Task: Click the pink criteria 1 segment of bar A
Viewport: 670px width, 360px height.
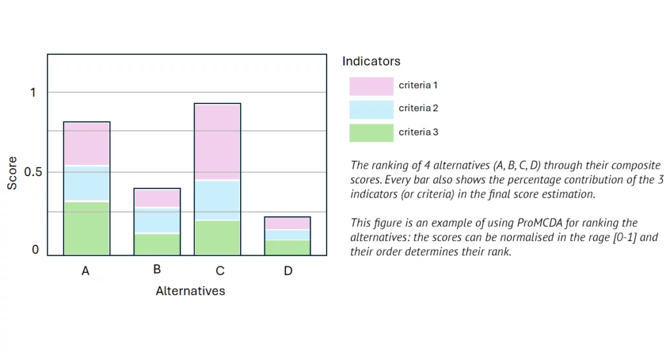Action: coord(86,143)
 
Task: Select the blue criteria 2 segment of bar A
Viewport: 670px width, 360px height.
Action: coord(86,183)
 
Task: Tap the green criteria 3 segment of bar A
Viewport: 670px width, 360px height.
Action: coord(86,228)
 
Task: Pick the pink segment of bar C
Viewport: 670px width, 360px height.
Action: coord(217,141)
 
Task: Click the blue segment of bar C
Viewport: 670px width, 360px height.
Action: coord(217,200)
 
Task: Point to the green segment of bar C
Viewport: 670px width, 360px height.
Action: coord(217,238)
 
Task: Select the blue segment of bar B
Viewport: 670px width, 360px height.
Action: coord(156,221)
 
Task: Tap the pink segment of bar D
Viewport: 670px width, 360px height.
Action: coord(287,223)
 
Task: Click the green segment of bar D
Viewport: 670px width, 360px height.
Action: coord(287,247)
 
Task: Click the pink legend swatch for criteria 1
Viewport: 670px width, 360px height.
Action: coord(371,86)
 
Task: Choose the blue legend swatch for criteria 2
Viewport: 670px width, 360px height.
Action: coord(371,109)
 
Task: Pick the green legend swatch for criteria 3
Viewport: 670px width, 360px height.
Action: coord(371,133)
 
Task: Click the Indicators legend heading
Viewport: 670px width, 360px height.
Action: coord(371,62)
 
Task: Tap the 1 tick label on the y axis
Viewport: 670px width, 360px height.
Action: coord(33,93)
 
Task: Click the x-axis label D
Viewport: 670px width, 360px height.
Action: coord(288,271)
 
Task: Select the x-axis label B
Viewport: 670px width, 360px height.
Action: coord(157,269)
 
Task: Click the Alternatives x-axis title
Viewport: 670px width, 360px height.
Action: coord(190,291)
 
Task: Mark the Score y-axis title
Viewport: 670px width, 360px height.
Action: coord(12,173)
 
